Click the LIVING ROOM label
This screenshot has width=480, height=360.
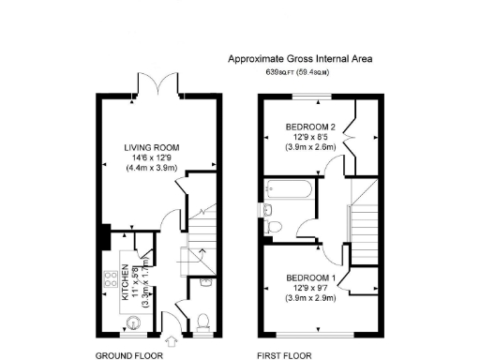(x=153, y=147)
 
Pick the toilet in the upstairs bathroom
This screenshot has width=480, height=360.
(x=272, y=226)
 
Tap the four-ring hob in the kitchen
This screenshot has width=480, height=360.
(x=109, y=278)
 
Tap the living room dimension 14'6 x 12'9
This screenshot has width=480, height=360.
(x=153, y=157)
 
